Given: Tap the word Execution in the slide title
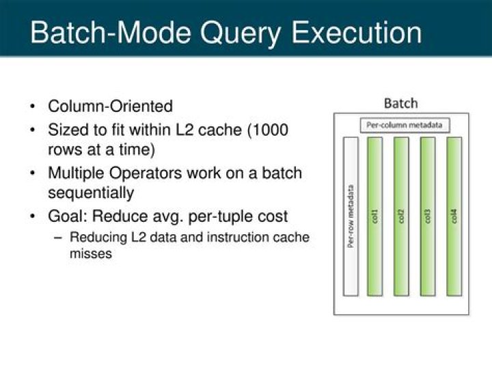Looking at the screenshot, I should click(355, 33).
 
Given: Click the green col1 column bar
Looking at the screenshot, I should click(374, 216).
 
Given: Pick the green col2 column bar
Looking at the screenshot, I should click(401, 216).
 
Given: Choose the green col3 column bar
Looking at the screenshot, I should click(428, 216).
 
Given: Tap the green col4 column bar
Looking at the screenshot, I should click(454, 216).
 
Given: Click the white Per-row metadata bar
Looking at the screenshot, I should click(351, 216).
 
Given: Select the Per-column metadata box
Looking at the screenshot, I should click(405, 125).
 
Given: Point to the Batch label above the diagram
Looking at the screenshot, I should click(400, 104).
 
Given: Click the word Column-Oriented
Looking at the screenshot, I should click(110, 107).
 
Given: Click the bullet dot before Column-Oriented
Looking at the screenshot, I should click(33, 107).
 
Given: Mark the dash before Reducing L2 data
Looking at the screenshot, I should click(57, 238).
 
